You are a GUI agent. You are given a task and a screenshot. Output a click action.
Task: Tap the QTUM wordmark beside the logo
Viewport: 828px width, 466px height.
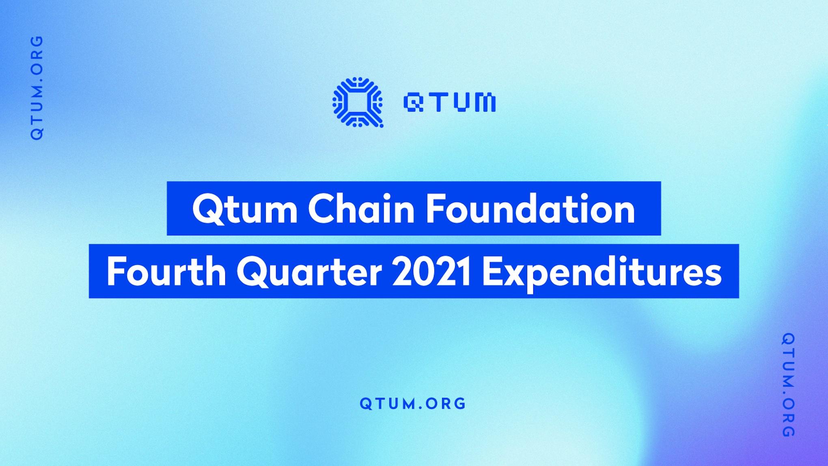449,102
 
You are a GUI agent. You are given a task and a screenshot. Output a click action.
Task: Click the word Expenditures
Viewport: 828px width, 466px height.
602,273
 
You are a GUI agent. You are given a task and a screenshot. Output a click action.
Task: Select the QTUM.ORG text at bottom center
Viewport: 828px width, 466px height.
413,403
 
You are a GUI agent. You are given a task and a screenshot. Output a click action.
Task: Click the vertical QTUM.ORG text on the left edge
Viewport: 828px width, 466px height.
37,88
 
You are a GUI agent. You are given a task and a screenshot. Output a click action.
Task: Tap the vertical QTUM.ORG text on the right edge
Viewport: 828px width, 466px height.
788,385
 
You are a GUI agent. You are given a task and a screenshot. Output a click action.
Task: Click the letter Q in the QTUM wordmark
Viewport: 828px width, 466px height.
413,102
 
